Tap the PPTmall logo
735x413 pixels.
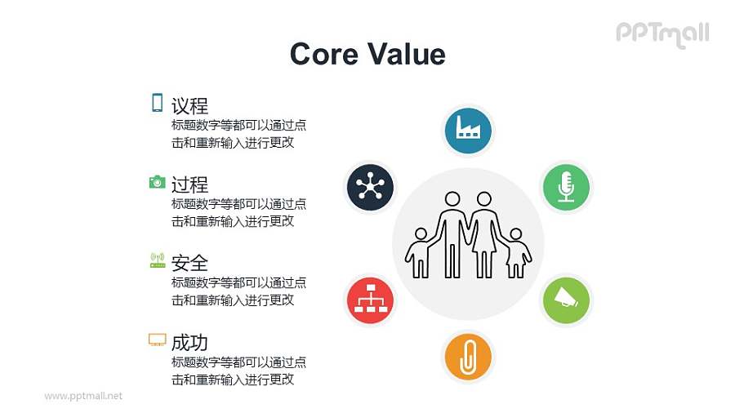662,33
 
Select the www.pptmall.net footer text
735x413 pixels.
83,396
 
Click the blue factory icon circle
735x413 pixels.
468,129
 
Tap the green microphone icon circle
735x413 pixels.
567,187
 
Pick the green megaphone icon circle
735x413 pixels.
567,300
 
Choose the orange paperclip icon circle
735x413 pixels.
468,357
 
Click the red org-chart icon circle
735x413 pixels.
370,300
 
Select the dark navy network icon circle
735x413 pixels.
370,187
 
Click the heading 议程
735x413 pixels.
189,105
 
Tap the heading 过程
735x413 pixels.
189,184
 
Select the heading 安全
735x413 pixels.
189,263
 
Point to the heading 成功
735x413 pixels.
189,341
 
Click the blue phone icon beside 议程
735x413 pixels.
157,103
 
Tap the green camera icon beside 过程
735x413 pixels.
158,181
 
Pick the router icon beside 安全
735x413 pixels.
158,260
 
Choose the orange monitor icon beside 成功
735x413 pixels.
158,340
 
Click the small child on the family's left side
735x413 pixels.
419,253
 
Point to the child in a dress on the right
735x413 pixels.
516,253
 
